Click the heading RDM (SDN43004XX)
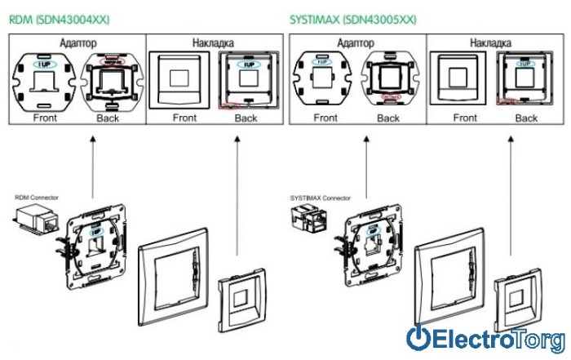(x=58, y=17)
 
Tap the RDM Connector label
(x=35, y=198)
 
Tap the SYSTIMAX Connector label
(x=321, y=198)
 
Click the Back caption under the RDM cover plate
(x=246, y=118)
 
